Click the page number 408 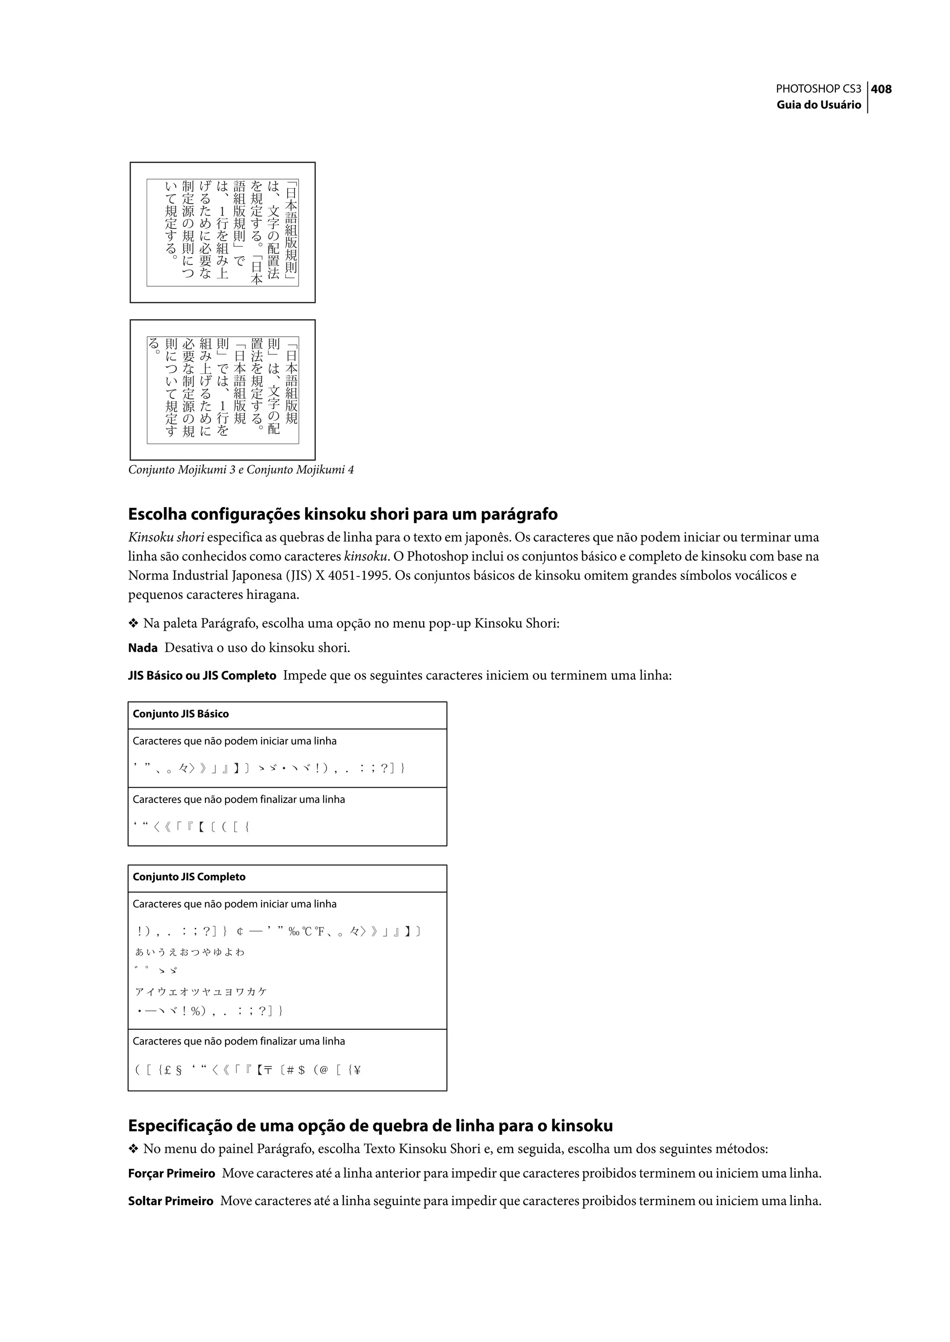pos(881,89)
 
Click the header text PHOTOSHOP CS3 pos(818,89)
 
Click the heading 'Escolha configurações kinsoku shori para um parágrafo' pos(343,514)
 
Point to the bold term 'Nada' pos(143,648)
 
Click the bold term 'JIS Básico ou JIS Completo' pos(202,676)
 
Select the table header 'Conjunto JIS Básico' pos(181,714)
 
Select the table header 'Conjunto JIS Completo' pos(189,877)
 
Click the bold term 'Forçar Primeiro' pos(171,1174)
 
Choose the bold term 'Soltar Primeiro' pos(171,1201)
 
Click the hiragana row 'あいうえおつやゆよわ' pos(190,952)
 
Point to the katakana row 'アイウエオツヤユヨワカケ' pos(201,992)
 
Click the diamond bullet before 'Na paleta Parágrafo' pos(133,623)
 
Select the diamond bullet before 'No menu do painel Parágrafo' pos(133,1149)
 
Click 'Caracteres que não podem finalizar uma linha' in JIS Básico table pos(239,800)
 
